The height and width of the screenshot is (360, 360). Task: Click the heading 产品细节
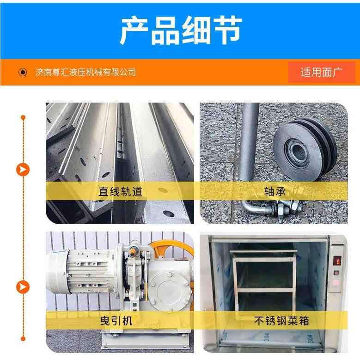(x=180, y=31)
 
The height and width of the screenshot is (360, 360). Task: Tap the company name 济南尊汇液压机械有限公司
(x=85, y=72)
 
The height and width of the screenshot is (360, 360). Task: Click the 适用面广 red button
(x=322, y=72)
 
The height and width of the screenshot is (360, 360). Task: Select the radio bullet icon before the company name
(x=23, y=72)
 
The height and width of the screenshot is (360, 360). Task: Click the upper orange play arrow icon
(x=23, y=170)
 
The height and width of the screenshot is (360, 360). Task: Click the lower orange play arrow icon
(x=23, y=287)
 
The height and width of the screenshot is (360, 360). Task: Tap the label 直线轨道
(x=120, y=191)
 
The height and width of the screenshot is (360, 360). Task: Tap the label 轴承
(x=274, y=191)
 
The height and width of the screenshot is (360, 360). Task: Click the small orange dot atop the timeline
(x=23, y=117)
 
